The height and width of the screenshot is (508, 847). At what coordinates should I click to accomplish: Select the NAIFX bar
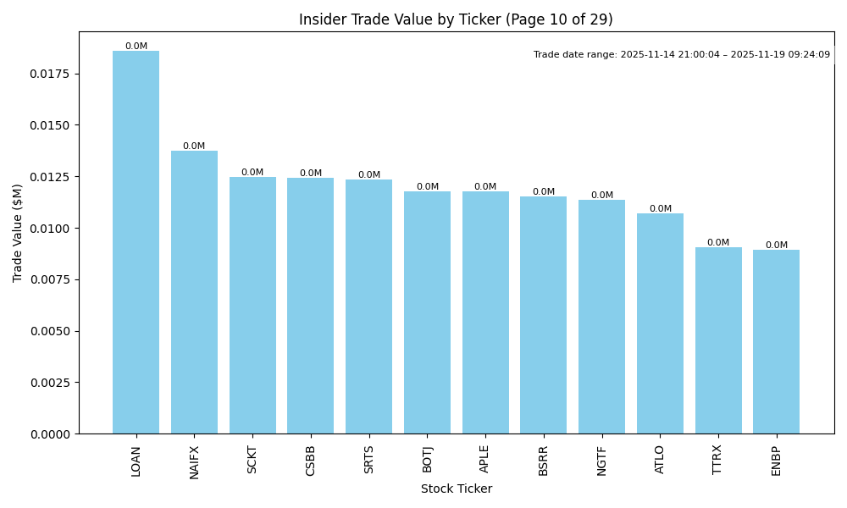point(194,292)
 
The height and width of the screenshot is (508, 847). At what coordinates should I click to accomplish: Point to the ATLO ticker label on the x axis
point(660,459)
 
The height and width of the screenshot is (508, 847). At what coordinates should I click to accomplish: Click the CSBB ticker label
point(311,461)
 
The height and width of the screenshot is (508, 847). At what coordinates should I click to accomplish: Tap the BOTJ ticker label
point(427,459)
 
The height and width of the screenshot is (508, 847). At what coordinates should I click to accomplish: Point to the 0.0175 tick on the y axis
point(52,74)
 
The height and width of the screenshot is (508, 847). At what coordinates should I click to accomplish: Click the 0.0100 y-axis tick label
point(52,229)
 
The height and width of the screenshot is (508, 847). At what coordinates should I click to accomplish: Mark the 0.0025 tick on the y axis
point(52,383)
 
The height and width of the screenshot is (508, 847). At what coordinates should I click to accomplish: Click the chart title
point(456,19)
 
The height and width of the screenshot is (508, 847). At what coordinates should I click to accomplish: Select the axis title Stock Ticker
point(456,489)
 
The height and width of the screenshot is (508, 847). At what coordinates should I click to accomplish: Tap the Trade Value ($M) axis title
point(18,233)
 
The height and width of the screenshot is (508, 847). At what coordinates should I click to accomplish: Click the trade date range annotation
point(681,55)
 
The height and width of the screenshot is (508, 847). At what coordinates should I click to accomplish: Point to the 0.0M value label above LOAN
point(136,47)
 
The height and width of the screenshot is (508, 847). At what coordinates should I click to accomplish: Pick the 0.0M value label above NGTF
point(601,196)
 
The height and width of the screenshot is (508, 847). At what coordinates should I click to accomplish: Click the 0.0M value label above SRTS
point(368,175)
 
